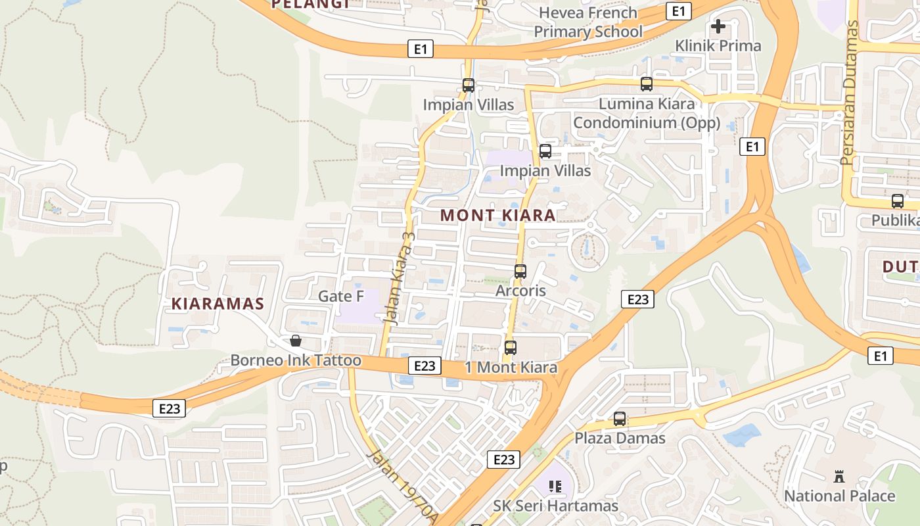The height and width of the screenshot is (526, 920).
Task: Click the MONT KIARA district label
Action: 497,215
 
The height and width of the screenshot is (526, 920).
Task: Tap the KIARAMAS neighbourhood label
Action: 218,304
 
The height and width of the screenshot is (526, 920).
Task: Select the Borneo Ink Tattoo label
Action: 295,360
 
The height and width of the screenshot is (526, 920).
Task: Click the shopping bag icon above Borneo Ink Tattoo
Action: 296,341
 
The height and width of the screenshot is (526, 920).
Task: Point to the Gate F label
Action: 340,297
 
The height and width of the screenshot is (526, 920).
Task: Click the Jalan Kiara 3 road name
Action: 399,276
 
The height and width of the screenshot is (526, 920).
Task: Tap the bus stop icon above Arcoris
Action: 520,271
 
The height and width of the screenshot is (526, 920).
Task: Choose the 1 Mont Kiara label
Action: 511,368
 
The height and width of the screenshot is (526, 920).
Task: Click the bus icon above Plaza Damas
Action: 620,419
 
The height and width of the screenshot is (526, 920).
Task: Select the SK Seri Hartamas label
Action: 555,506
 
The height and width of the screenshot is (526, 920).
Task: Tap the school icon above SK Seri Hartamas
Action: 555,487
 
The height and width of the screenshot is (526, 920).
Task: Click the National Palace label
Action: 839,496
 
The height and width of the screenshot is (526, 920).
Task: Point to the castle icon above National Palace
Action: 839,477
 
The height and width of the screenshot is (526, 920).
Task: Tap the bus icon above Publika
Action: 898,201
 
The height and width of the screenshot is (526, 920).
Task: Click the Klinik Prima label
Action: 718,46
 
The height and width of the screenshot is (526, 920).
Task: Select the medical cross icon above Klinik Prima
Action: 718,27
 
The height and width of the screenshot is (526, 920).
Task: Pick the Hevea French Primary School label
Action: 587,22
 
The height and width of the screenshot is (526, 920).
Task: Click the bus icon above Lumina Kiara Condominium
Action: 647,84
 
